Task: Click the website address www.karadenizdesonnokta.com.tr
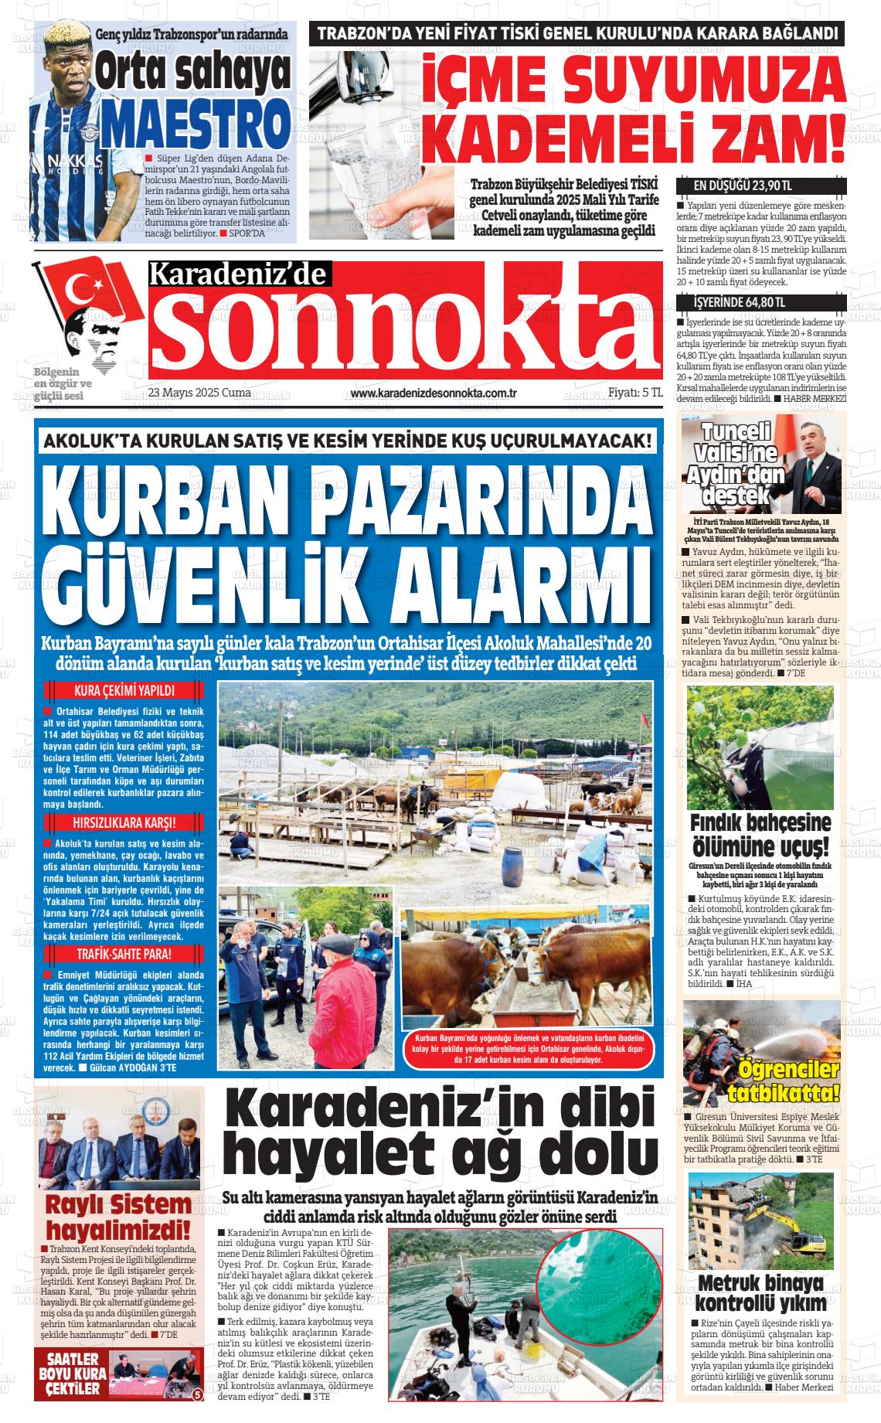tap(433, 393)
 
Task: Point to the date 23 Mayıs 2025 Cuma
tap(199, 393)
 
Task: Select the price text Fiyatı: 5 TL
tap(635, 393)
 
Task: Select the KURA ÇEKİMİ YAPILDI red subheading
tap(124, 691)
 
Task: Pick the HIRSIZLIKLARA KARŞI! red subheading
tap(124, 822)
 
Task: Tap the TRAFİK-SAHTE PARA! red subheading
tap(124, 954)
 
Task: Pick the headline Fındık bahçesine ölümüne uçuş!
tap(760, 832)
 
